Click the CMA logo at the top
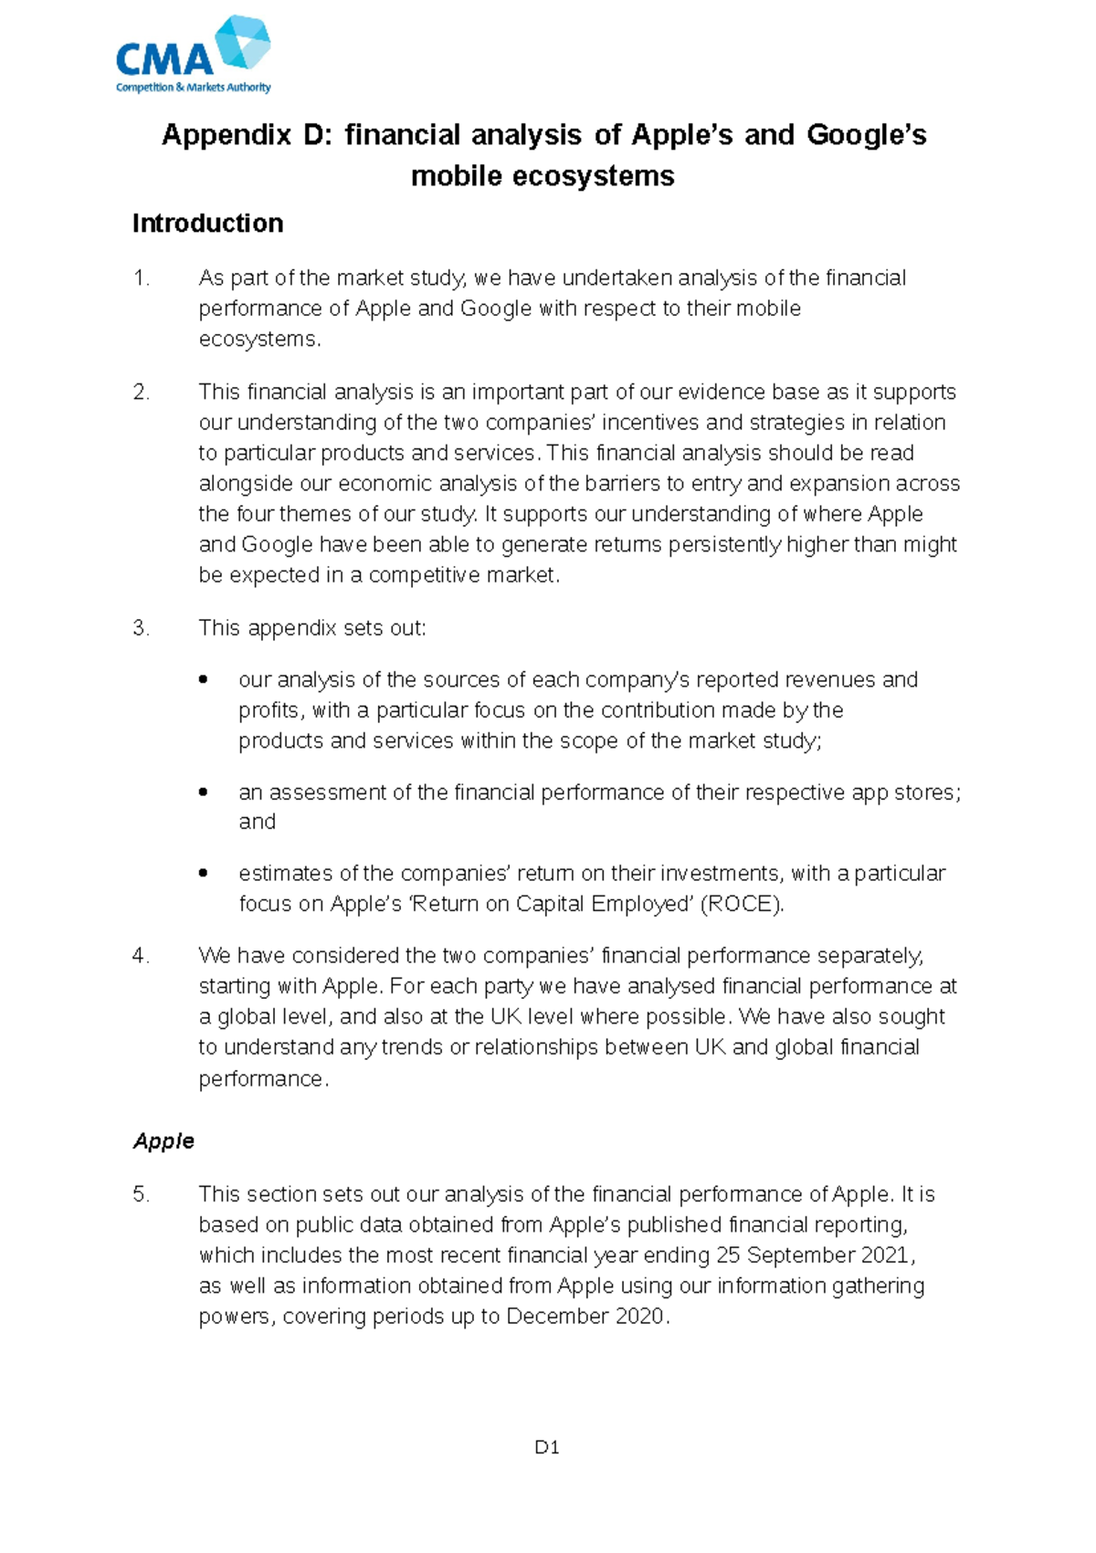(x=193, y=55)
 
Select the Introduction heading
(x=207, y=224)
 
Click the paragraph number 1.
(x=141, y=278)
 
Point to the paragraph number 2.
(x=141, y=393)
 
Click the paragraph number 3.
(x=141, y=628)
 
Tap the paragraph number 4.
(x=141, y=956)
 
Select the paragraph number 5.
(x=141, y=1194)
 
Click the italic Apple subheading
(x=163, y=1141)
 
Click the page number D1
(x=546, y=1447)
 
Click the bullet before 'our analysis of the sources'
(x=204, y=680)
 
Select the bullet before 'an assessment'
(x=204, y=792)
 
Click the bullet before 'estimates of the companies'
(x=204, y=874)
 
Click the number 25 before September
(x=728, y=1255)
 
